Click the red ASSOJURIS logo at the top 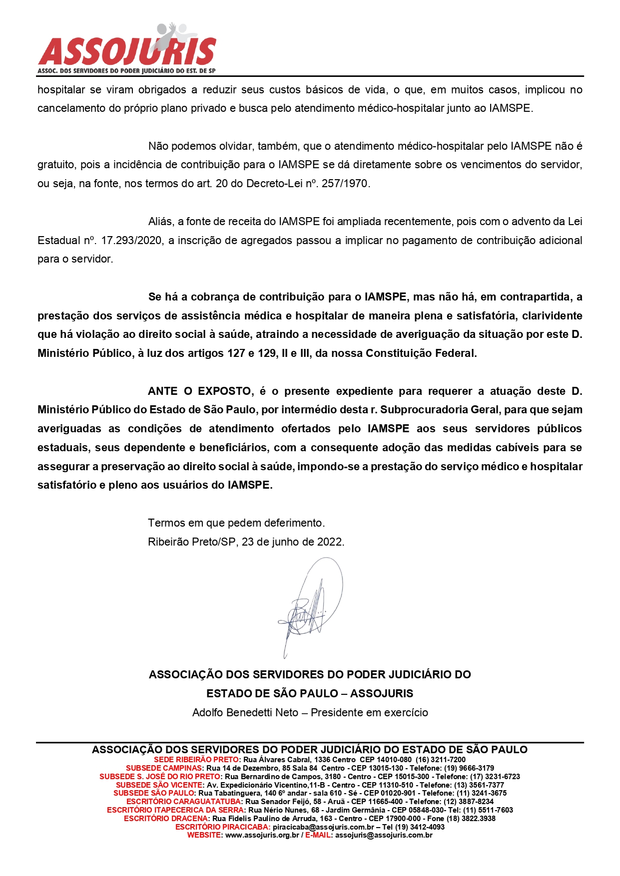(127, 50)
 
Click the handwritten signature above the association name (310, 606)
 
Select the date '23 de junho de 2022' (293, 542)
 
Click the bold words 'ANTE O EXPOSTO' (199, 391)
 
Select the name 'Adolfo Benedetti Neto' (245, 713)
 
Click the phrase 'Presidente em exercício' (369, 713)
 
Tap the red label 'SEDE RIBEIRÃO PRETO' (196, 760)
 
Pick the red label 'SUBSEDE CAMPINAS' (164, 768)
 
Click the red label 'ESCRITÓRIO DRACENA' (165, 819)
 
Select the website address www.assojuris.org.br (262, 836)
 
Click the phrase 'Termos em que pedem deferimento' (236, 523)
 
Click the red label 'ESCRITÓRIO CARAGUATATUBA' (183, 802)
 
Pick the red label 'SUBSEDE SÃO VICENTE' (159, 785)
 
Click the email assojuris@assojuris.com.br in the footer (384, 836)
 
